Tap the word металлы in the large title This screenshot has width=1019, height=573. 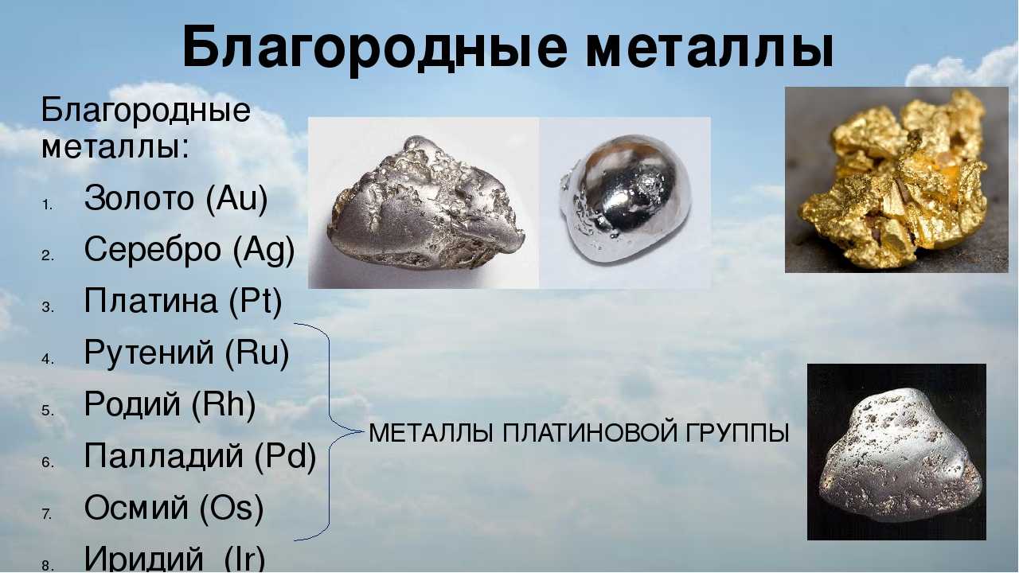(710, 47)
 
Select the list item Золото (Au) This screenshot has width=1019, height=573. (176, 198)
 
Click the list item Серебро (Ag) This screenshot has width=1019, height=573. (189, 250)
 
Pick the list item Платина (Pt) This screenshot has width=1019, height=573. (183, 301)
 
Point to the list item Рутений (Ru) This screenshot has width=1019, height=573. (186, 353)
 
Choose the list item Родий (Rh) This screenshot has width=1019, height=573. (170, 403)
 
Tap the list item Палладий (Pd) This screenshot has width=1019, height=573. (200, 456)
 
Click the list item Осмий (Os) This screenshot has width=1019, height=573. (174, 508)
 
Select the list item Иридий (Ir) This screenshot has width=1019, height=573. (174, 558)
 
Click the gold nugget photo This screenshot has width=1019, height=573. (897, 180)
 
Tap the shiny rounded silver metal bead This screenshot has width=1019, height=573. (625, 199)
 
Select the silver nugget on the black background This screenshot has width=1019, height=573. (900, 456)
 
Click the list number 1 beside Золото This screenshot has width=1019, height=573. (47, 205)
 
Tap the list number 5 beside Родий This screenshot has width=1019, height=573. (47, 411)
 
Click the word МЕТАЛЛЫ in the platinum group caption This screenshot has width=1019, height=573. (431, 433)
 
